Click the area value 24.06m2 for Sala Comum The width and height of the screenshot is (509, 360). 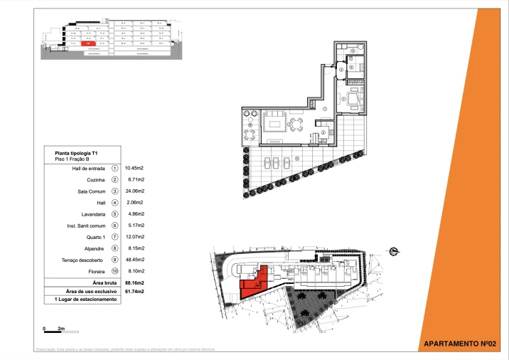pos(134,191)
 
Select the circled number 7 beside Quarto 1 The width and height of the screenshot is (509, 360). pos(114,237)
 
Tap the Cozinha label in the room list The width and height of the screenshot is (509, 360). pos(97,180)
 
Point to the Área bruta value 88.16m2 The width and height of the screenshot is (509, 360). pos(134,282)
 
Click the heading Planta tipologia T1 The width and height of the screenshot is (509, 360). pos(76,153)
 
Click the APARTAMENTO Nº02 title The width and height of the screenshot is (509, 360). pos(464,344)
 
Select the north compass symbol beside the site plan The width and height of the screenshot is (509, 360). pos(394,249)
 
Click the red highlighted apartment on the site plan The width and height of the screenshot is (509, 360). pos(254,282)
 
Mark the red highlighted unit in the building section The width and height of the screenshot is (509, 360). pos(90,44)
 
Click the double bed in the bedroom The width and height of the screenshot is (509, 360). pos(353,99)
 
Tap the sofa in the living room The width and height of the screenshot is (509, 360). pos(274,125)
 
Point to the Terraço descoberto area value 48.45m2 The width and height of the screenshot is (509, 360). pos(134,260)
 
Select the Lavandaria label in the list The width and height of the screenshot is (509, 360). pos(94,214)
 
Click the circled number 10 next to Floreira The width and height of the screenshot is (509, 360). pos(114,271)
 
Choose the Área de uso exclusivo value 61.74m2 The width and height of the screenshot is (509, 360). pos(134,291)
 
